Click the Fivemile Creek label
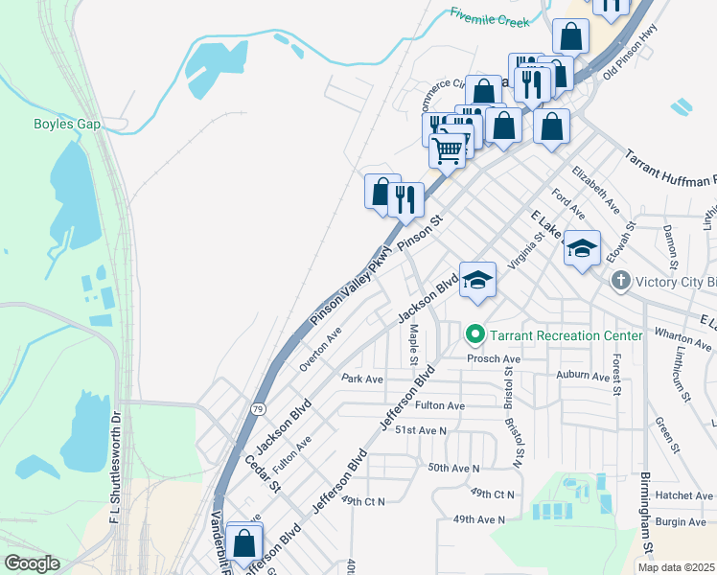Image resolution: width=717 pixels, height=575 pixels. [489, 14]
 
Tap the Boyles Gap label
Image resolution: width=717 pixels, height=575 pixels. [67, 123]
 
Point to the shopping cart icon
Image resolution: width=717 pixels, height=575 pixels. [448, 149]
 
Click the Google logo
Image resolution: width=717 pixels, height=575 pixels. [32, 563]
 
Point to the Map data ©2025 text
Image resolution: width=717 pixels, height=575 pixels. [676, 567]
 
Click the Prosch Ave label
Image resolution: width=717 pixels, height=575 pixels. [493, 358]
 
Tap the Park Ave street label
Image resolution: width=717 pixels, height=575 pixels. [362, 379]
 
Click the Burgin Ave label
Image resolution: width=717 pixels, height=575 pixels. [682, 522]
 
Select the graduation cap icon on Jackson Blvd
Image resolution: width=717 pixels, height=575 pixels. [477, 280]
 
